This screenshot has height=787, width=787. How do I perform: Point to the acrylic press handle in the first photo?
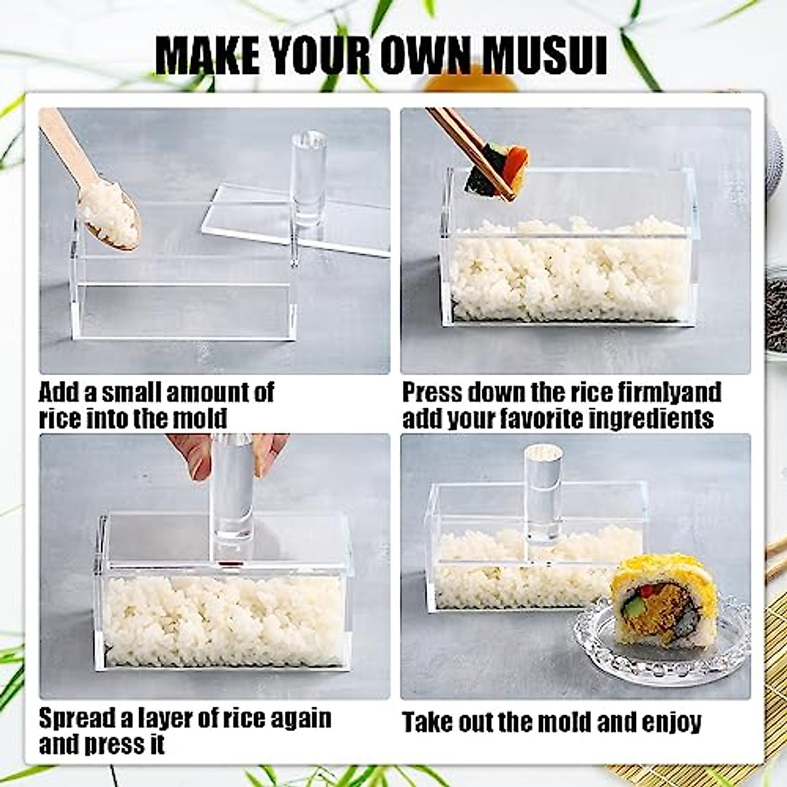click(308, 177)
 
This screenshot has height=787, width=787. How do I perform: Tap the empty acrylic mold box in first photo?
click(184, 295)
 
